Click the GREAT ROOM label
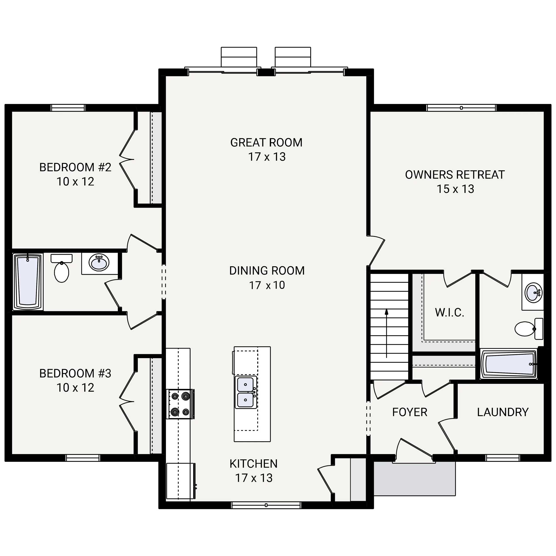point(266,143)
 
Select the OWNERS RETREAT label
point(455,175)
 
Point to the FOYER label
point(410,412)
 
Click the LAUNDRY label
point(503,412)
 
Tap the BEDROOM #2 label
point(75,167)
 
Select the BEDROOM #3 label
point(75,373)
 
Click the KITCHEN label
point(253,464)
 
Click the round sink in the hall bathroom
point(99,262)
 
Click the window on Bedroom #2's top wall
point(68,108)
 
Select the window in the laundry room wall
point(503,458)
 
